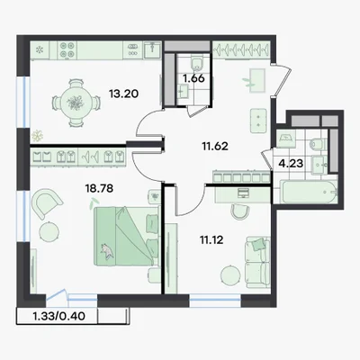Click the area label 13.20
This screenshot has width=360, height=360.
123,94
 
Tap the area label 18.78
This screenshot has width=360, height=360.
99,189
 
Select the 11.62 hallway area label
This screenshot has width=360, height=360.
215,147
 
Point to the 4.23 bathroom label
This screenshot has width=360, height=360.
291,164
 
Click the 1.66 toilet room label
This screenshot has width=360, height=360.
193,78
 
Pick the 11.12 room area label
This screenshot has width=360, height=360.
211,240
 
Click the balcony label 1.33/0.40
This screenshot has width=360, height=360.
58,316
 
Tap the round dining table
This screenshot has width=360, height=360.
75,103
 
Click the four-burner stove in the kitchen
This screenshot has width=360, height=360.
67,49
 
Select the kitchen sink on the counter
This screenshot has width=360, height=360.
152,49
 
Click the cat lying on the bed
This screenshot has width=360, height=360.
107,250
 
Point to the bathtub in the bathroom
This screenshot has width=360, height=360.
308,192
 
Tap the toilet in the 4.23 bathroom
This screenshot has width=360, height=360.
318,143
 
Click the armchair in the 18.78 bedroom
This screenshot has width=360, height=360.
47,202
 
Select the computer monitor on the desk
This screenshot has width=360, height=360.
242,193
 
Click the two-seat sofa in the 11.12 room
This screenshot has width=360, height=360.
257,263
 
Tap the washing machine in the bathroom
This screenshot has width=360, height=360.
286,139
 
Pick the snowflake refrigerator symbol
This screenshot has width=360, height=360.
40,49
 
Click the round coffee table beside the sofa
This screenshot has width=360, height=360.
230,276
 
